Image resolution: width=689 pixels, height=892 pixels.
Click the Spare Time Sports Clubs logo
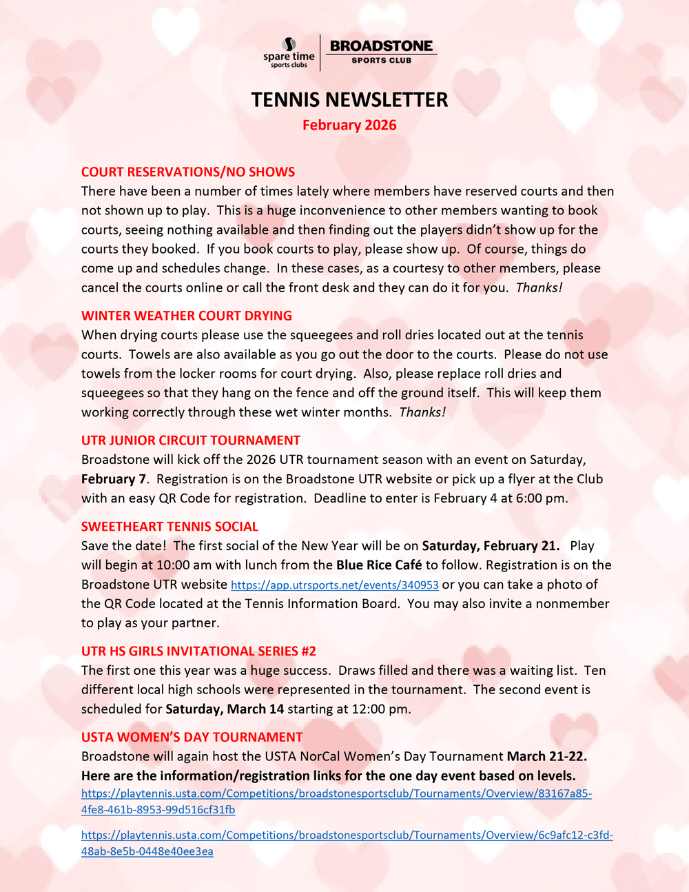click(x=289, y=52)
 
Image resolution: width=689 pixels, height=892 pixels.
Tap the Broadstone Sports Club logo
click(x=381, y=52)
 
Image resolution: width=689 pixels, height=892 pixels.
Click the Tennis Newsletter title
click(x=349, y=100)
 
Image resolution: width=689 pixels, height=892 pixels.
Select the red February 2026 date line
click(x=349, y=125)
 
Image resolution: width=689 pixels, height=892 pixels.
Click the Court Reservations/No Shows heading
click(x=188, y=172)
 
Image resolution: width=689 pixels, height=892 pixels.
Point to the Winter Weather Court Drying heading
click(x=187, y=316)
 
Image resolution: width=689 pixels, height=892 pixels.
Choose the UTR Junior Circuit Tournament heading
click(x=191, y=440)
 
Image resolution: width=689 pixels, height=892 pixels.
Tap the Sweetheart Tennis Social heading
click(x=169, y=527)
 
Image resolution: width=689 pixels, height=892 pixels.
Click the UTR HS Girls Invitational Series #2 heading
click(x=198, y=651)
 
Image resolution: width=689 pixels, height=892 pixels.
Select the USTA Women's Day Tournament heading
click(x=192, y=737)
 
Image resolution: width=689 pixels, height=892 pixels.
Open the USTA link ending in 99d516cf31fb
click(x=336, y=801)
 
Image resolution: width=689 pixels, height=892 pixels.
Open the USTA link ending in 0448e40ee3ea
click(x=347, y=843)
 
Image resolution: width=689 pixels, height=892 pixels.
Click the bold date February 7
click(x=114, y=479)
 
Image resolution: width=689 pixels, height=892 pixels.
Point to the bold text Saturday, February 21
click(x=491, y=546)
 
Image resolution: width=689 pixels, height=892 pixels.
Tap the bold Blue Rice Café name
click(x=379, y=565)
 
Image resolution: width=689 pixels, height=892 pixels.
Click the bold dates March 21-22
click(x=547, y=756)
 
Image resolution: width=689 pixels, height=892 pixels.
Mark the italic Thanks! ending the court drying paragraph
click(x=422, y=412)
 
